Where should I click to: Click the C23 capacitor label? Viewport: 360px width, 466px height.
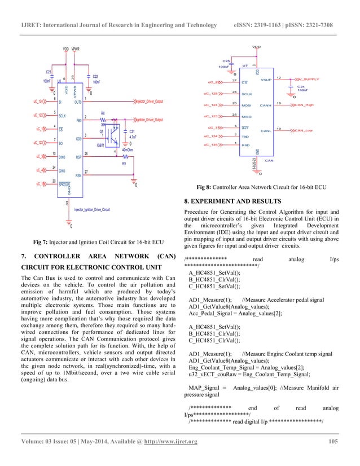pos(49,72)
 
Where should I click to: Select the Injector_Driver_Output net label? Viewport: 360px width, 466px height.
pos(149,101)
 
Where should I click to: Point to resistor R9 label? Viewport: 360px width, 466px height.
pos(124,164)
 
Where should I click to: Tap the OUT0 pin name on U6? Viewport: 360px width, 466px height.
pos(78,102)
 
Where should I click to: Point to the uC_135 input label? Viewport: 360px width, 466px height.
pos(210,144)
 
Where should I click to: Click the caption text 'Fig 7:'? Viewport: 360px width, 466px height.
pos(42,242)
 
